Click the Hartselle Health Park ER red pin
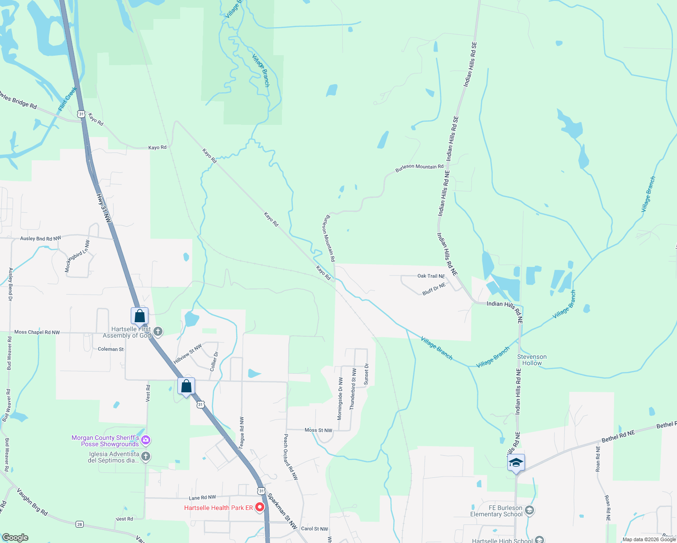[x=260, y=508]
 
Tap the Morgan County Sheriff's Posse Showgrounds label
[x=105, y=441]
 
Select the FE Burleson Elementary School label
[x=496, y=511]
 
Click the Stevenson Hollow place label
[x=532, y=360]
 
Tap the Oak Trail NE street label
[x=431, y=276]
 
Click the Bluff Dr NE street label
[x=434, y=289]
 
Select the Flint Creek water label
[x=67, y=100]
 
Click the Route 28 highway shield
[x=80, y=524]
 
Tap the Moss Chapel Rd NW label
[x=37, y=332]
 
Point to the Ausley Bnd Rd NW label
[x=41, y=238]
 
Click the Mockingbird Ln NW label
[x=77, y=256]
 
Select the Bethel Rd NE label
[x=618, y=437]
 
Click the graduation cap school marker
[x=516, y=463]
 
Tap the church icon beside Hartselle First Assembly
[x=158, y=332]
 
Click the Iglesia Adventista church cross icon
[x=146, y=456]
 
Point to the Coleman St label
[x=111, y=349]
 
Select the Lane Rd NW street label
[x=202, y=498]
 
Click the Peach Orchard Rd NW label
[x=291, y=457]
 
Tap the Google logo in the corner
[x=15, y=537]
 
